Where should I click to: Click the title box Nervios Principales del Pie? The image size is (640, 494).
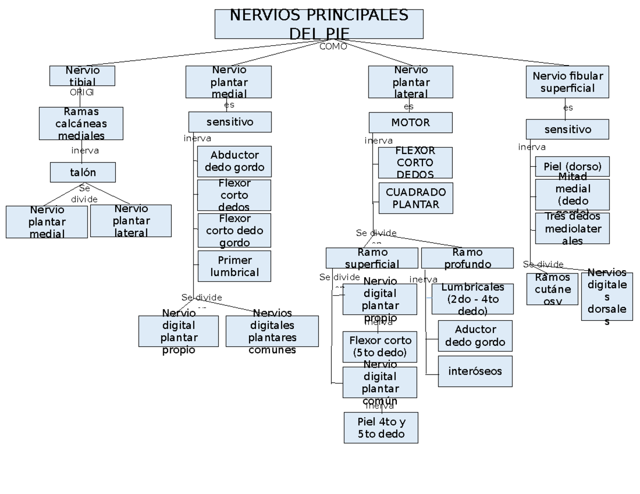tap(319, 24)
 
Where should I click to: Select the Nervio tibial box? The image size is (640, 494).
tap(82, 76)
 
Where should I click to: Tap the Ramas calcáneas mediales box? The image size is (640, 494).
tap(81, 123)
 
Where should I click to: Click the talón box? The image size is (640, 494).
tap(83, 172)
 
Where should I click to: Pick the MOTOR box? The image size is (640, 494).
tap(410, 123)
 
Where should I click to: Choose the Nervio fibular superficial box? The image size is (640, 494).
tap(567, 82)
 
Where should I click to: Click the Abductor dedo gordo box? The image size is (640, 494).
tap(234, 161)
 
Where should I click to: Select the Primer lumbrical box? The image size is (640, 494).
tap(234, 266)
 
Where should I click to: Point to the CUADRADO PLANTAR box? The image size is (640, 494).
tap(415, 198)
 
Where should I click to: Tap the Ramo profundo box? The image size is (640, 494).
tap(467, 258)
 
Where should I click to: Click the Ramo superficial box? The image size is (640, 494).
tap(372, 258)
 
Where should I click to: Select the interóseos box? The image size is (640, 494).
tap(475, 371)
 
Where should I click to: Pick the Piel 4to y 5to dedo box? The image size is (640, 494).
tap(381, 427)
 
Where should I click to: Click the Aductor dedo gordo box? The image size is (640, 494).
tap(475, 336)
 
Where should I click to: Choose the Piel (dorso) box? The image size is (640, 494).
tap(572, 166)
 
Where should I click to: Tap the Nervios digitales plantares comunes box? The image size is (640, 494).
tap(272, 331)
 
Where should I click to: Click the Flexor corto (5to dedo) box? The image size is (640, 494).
tap(380, 346)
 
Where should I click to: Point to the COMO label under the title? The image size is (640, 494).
tap(333, 46)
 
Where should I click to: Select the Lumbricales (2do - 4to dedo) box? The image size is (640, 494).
tap(472, 299)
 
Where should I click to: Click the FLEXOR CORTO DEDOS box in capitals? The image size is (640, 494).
tap(415, 163)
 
